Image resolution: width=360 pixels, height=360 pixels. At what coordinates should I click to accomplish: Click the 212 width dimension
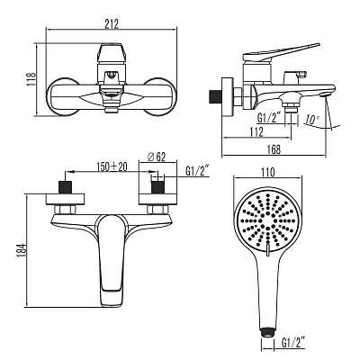coord(112,23)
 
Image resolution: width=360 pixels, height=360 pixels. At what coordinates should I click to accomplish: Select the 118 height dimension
coord(31,79)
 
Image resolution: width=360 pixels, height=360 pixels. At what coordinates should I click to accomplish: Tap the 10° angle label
coord(312,120)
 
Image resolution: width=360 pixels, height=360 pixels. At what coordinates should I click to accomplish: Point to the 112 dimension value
coord(256,132)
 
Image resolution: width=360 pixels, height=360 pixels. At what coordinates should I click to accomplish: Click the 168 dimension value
coord(274,149)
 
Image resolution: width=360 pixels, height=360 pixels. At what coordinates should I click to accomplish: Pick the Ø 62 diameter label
coord(157,157)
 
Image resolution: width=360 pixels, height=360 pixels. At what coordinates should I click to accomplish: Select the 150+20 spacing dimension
coord(112,166)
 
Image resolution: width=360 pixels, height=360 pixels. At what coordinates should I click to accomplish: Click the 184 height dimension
coord(22,250)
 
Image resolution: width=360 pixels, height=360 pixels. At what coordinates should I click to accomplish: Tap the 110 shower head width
coord(267,172)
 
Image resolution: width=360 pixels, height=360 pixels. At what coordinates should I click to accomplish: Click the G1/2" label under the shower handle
coord(293,342)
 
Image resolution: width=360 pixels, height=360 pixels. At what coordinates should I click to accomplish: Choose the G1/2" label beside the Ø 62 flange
coord(197,171)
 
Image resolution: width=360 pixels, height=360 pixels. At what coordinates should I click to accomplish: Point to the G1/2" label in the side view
coord(269,117)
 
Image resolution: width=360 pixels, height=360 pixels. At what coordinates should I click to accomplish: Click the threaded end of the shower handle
coord(267,330)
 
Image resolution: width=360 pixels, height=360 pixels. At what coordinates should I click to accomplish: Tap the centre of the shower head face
coord(267,223)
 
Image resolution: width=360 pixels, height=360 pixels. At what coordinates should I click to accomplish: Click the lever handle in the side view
coord(281,52)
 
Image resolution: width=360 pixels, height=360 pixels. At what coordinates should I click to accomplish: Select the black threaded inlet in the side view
coord(214,96)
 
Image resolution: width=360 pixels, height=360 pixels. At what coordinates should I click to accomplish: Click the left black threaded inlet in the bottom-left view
coord(66,187)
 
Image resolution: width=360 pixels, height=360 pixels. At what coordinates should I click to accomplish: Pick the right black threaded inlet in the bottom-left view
coord(157,187)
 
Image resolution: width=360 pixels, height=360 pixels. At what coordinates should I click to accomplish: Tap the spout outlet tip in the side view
coord(325,94)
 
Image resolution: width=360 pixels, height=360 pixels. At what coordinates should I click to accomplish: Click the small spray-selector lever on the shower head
coord(267,251)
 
